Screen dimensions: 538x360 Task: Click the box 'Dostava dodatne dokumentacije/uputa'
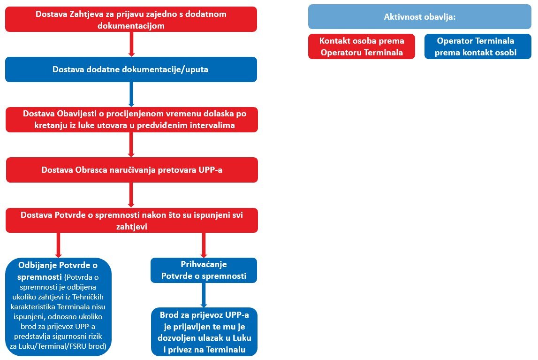point(131,69)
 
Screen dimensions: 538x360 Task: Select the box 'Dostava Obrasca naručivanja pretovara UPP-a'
point(132,170)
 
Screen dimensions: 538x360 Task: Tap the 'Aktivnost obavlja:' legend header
point(420,17)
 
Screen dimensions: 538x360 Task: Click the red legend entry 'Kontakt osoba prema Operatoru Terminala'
point(362,46)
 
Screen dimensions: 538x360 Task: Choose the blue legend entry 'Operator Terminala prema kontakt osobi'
point(477,46)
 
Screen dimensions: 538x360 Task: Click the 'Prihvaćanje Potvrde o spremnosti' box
point(204,270)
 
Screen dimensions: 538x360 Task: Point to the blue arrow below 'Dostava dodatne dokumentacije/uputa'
point(131,94)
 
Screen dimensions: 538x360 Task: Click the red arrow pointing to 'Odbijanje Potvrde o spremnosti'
point(58,245)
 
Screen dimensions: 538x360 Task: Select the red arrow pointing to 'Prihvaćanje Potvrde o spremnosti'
point(204,245)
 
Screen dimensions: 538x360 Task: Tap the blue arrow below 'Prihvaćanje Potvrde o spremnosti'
point(204,295)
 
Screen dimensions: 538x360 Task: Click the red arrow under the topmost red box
point(131,44)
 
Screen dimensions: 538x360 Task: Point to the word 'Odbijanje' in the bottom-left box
point(38,265)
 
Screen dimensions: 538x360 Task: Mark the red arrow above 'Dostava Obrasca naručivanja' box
point(131,145)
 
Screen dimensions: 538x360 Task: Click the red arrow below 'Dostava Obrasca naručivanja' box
point(131,195)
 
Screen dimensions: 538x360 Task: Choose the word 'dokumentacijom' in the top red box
point(131,26)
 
